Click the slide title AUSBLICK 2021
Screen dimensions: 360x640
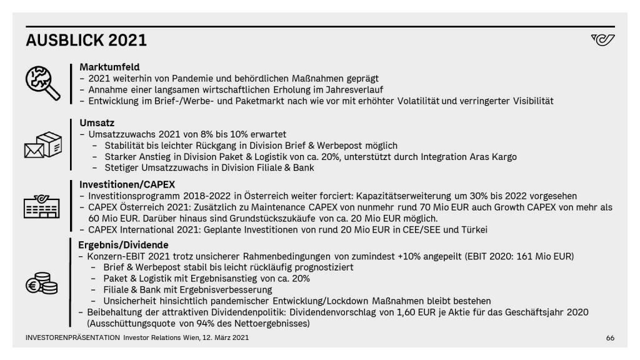pyautogui.click(x=86, y=41)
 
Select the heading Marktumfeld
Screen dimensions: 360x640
pyautogui.click(x=109, y=67)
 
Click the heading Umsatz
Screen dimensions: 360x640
pyautogui.click(x=97, y=123)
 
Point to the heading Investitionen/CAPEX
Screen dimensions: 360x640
pyautogui.click(x=127, y=184)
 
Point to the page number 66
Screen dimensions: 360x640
pyautogui.click(x=610, y=338)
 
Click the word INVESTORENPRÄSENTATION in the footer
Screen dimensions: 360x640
pyautogui.click(x=72, y=338)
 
